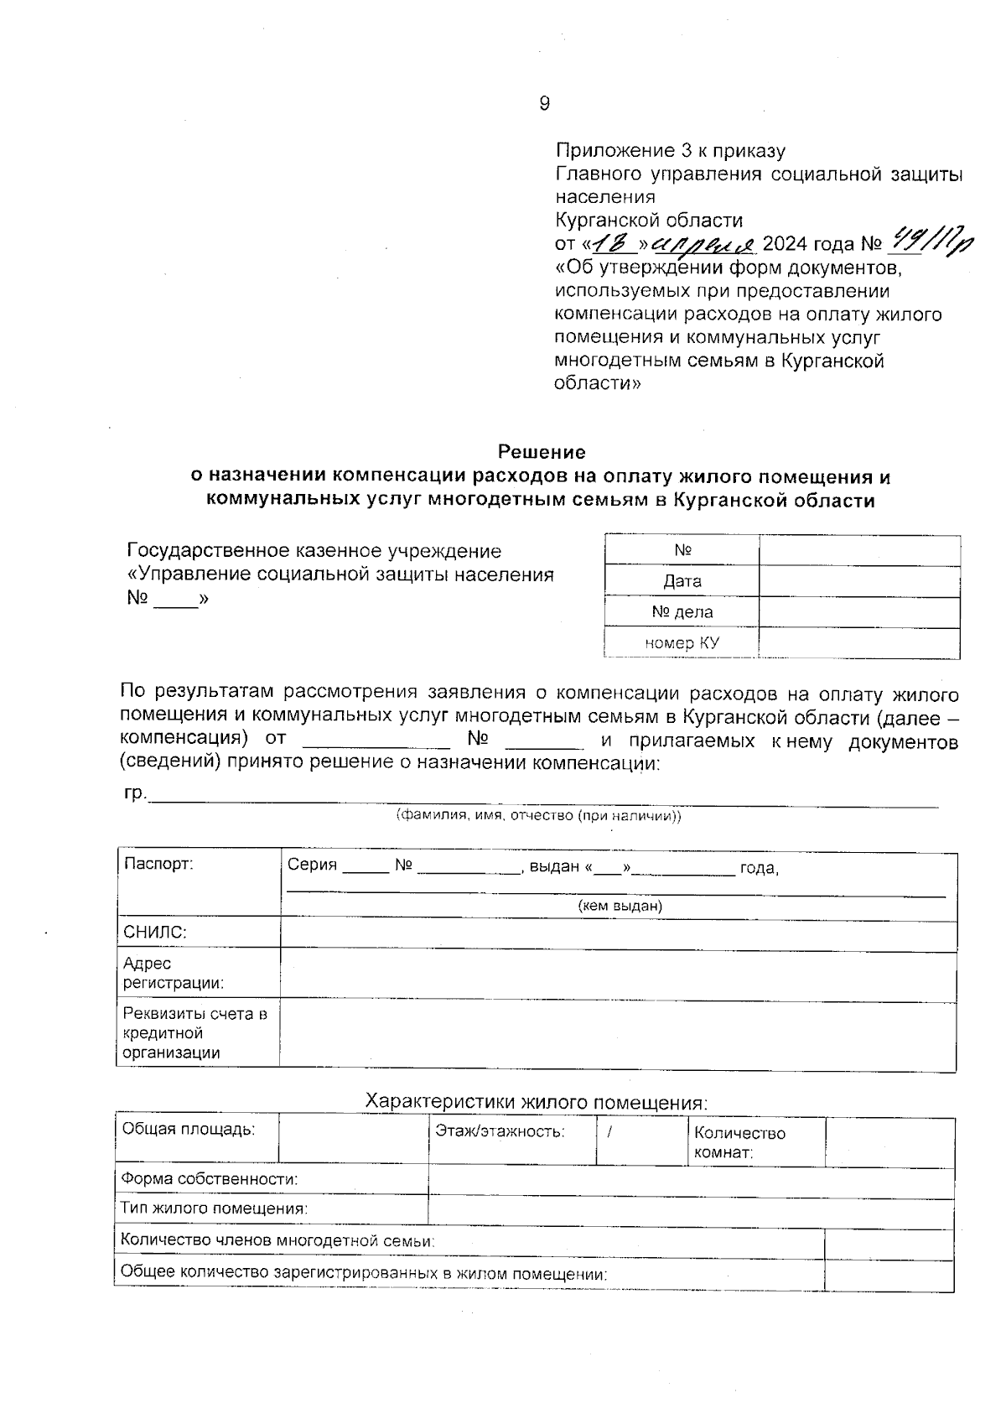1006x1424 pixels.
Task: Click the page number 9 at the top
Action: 544,103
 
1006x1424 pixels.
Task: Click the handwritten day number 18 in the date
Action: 614,243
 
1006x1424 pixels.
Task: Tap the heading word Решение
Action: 542,452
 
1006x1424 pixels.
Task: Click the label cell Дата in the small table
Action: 682,581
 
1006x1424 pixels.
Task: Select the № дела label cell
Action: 682,612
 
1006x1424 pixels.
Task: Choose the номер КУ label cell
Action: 682,643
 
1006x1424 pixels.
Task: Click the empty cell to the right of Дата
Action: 859,581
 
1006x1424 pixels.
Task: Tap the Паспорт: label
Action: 158,864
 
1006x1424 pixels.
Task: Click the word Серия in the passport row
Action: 312,865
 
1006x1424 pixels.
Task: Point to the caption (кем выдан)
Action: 620,906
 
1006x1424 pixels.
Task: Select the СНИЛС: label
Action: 155,933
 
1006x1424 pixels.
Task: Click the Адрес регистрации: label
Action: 173,973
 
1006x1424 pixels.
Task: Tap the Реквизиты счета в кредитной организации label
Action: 194,1033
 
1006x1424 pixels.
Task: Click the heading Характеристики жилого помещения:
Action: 537,1102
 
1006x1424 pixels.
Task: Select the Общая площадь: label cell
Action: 189,1129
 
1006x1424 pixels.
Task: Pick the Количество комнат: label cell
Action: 739,1142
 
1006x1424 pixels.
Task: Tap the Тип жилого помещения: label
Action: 214,1208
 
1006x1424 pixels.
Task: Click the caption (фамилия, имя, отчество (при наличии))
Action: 538,815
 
